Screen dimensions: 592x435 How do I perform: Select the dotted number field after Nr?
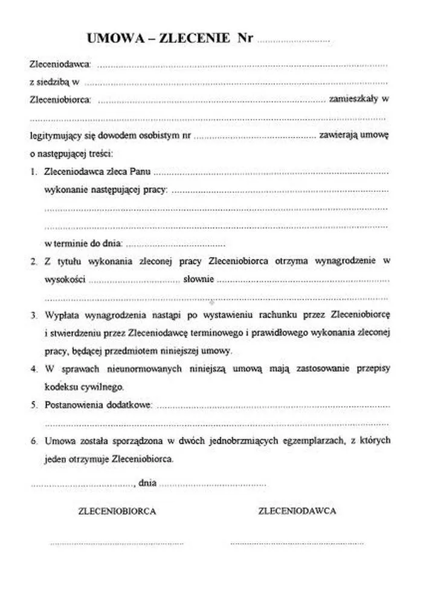coord(294,41)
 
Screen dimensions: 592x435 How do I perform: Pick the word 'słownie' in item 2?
coord(199,279)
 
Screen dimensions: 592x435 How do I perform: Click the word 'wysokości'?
coord(65,279)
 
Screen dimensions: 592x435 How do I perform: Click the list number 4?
coord(34,369)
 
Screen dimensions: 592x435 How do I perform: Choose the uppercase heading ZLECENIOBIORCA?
coord(117,511)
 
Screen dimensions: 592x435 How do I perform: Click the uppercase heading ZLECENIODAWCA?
coord(297,511)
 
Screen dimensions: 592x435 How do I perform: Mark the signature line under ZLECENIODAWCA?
coord(297,544)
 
